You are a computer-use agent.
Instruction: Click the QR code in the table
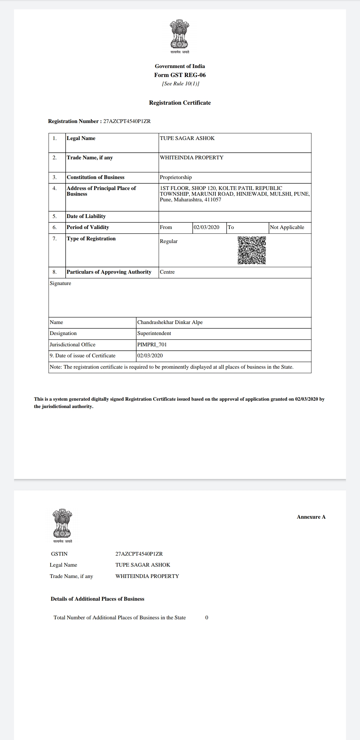pos(252,250)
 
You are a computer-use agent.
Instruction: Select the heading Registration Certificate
pos(180,103)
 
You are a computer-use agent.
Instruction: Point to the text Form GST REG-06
pos(180,75)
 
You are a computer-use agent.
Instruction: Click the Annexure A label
pos(311,517)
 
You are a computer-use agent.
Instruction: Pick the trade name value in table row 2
pos(192,158)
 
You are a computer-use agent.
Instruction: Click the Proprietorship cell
pos(176,177)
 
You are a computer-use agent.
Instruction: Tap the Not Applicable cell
pos(287,227)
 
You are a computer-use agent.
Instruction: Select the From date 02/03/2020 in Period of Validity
pos(206,227)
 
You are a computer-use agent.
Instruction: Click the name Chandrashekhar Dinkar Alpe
pos(170,322)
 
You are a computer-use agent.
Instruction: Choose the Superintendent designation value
pos(154,333)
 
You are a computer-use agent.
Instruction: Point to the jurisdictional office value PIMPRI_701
pos(152,345)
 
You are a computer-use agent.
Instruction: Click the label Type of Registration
pos(91,239)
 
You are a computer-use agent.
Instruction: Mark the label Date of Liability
pos(86,216)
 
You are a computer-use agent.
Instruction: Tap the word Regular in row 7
pos(169,241)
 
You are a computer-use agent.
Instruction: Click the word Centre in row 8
pos(167,272)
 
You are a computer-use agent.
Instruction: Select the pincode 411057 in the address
pos(213,200)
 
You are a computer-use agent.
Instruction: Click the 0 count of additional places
pos(207,618)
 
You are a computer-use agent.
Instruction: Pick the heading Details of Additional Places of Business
pos(97,599)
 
